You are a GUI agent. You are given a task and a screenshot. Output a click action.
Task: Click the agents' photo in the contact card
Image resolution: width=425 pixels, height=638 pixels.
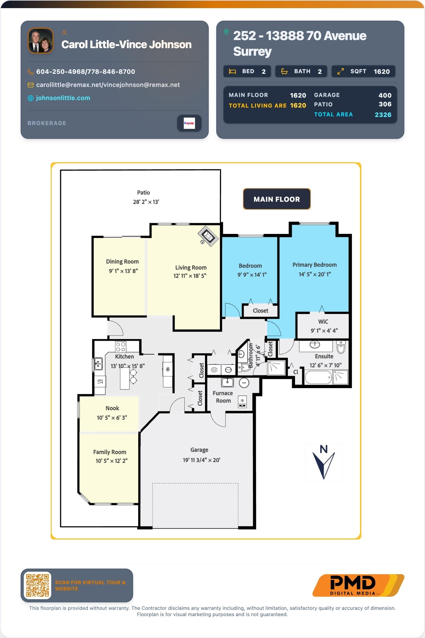pyautogui.click(x=41, y=41)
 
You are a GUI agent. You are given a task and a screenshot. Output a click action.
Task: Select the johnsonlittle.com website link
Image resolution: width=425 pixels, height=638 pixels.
pyautogui.click(x=63, y=98)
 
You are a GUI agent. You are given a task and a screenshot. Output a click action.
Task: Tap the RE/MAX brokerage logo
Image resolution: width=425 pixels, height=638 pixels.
pyautogui.click(x=189, y=123)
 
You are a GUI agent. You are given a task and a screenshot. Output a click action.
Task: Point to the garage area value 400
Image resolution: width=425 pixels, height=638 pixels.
pyautogui.click(x=385, y=95)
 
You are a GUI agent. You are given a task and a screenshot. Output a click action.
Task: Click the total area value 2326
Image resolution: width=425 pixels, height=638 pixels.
pyautogui.click(x=383, y=115)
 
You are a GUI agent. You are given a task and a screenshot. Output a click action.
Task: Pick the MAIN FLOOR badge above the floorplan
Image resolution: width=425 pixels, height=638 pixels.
pyautogui.click(x=277, y=199)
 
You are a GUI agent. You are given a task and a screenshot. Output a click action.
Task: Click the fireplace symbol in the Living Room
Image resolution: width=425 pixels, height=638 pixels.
pyautogui.click(x=208, y=236)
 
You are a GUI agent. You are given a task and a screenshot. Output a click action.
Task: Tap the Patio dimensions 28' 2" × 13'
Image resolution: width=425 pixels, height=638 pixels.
pyautogui.click(x=146, y=202)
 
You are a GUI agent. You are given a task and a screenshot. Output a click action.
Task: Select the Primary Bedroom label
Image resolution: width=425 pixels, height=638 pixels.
pyautogui.click(x=315, y=265)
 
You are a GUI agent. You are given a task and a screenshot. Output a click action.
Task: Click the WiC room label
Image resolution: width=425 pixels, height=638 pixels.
pyautogui.click(x=323, y=322)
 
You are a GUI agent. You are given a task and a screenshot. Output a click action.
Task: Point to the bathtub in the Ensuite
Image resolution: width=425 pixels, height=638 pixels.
pyautogui.click(x=318, y=377)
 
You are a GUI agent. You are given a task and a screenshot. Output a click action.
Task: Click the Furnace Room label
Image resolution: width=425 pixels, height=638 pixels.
pyautogui.click(x=223, y=397)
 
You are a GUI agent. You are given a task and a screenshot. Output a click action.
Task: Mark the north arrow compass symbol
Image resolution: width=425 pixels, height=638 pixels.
pyautogui.click(x=324, y=462)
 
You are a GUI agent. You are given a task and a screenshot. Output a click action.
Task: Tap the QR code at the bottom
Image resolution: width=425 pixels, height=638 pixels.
pyautogui.click(x=37, y=585)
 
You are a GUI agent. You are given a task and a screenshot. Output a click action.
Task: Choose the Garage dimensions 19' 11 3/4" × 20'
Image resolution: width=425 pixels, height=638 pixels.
pyautogui.click(x=202, y=460)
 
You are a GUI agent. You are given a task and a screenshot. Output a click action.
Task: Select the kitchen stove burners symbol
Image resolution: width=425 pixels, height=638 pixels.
pyautogui.click(x=121, y=347)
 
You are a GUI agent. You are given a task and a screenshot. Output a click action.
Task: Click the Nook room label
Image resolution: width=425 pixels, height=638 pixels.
pyautogui.click(x=112, y=408)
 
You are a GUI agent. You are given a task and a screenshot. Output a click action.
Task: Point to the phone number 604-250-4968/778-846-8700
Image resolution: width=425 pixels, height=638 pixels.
pyautogui.click(x=86, y=72)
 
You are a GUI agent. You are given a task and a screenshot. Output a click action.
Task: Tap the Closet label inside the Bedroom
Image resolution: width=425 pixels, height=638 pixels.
pyautogui.click(x=260, y=311)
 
